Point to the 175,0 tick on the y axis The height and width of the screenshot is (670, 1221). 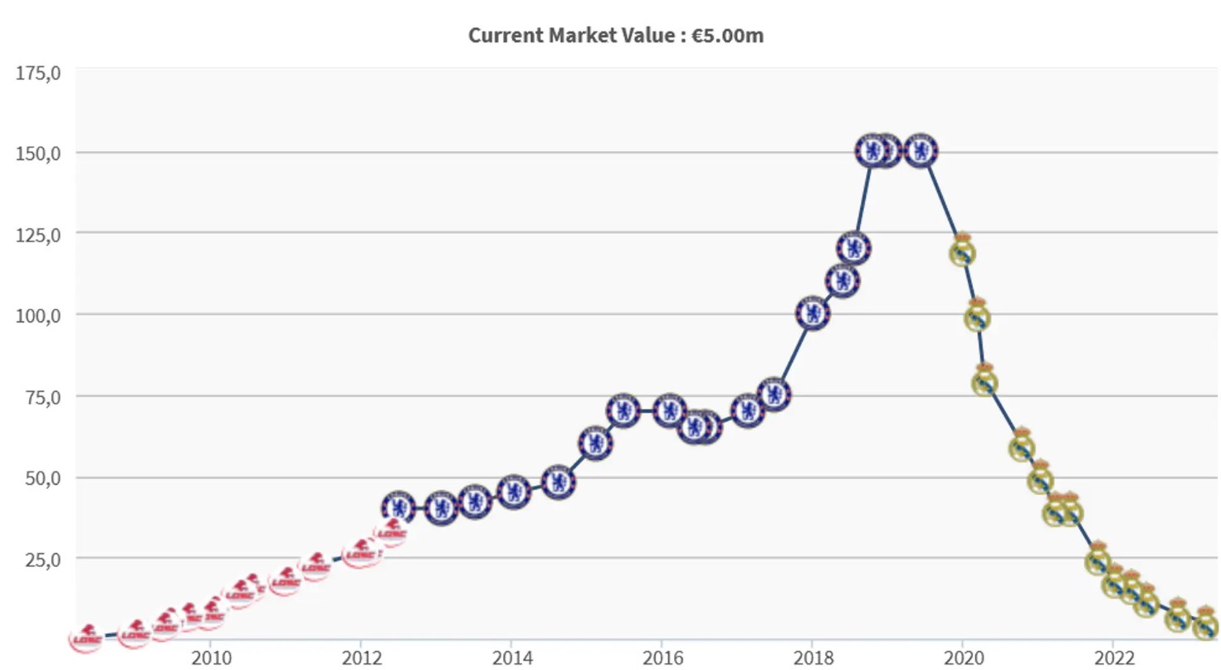coord(39,73)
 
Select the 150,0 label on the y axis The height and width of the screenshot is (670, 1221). coord(39,153)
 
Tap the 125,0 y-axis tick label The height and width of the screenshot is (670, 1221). coord(39,234)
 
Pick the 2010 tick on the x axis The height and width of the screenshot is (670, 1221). coord(210,656)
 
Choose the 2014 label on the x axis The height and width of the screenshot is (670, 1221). coord(510,656)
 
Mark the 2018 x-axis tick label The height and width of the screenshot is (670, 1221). coord(811,656)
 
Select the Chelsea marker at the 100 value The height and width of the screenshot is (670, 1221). coord(813,314)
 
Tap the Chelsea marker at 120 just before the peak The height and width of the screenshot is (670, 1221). coord(853,247)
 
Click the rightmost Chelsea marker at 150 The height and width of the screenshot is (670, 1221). coord(921,151)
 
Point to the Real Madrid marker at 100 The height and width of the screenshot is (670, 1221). coord(977,316)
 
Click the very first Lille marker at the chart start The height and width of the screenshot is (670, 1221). coord(86,638)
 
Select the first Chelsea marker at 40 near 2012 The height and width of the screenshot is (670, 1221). coord(398,507)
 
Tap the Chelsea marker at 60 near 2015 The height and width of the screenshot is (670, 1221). coord(595,443)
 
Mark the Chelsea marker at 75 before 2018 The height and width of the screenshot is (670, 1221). coord(774,394)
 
